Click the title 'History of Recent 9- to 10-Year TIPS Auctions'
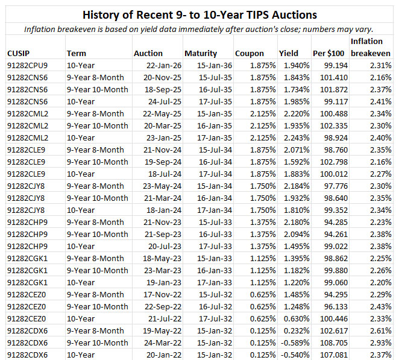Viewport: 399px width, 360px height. coord(199,13)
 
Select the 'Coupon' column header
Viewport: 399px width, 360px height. coord(249,53)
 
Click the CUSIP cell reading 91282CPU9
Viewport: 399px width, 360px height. coord(28,65)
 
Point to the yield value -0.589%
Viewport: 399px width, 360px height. coord(294,343)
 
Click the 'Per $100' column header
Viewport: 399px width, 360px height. coord(328,53)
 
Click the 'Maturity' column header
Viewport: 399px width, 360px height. coord(201,53)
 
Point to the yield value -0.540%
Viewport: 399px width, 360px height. coord(294,355)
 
